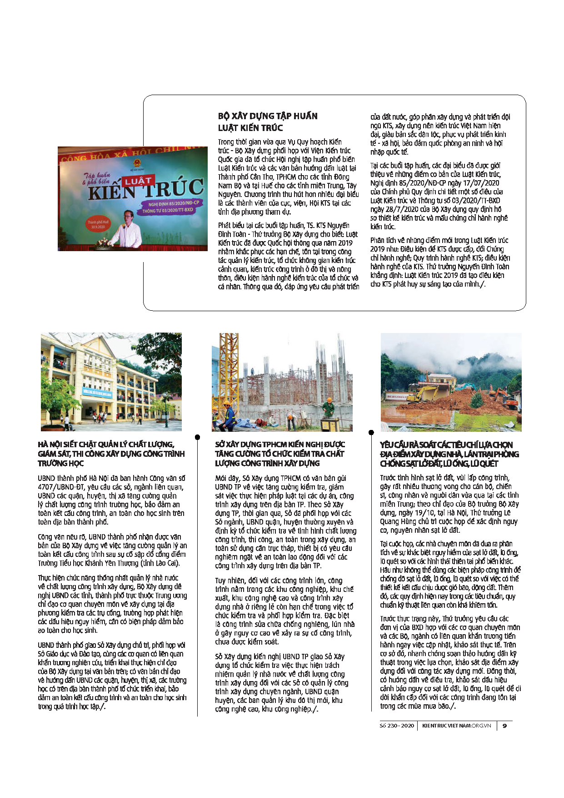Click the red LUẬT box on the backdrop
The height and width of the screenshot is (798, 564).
[x=138, y=181]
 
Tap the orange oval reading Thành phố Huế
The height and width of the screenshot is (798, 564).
[x=98, y=224]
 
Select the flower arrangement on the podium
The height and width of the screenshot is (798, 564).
[x=104, y=242]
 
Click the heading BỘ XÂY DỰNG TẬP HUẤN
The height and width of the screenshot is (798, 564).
[x=268, y=116]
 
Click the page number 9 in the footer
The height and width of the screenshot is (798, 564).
[x=504, y=726]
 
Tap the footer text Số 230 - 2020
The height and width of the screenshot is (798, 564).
[x=397, y=726]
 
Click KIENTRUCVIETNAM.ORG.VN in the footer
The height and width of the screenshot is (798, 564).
[x=456, y=726]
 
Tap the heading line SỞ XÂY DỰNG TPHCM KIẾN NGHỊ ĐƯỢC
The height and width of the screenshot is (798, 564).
[x=280, y=444]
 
